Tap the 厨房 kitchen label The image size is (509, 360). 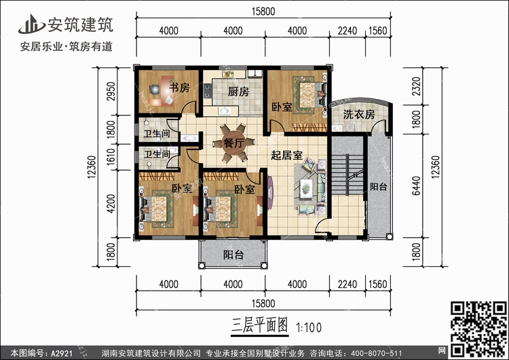point(238,92)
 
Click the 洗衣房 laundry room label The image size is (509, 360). point(358,115)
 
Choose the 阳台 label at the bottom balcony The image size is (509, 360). point(233,255)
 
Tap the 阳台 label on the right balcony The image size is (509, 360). point(378,186)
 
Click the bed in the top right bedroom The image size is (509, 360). point(307,92)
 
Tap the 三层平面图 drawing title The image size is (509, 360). point(254,325)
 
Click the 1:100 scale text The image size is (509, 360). point(309,327)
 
